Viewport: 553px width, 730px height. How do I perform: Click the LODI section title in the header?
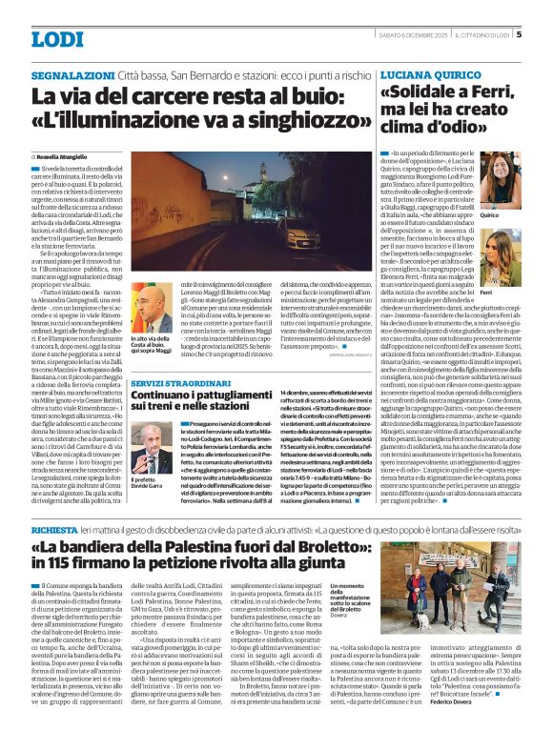[57, 38]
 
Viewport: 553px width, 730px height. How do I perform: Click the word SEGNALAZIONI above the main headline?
[72, 74]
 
